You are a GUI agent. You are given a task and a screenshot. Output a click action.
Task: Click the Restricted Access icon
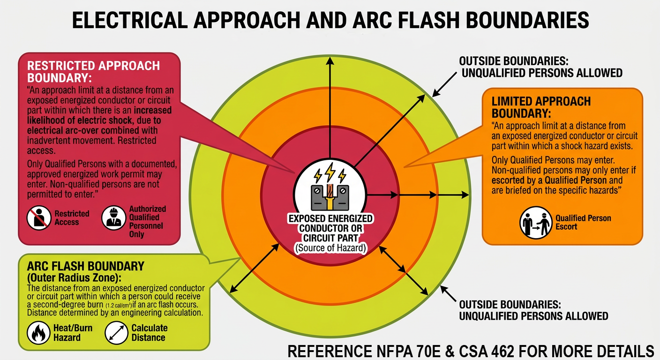click(x=39, y=218)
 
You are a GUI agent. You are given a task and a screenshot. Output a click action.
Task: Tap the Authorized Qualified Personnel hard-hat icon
click(x=114, y=218)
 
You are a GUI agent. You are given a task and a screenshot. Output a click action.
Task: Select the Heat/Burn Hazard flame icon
click(x=39, y=332)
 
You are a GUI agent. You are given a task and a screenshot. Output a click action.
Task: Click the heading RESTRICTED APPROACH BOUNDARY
click(x=93, y=71)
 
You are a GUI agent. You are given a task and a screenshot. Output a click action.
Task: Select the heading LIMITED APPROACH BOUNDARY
click(x=541, y=107)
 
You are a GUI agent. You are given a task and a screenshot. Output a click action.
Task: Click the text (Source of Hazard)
click(x=330, y=247)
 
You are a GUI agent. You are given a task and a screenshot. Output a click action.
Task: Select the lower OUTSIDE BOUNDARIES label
click(x=533, y=309)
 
